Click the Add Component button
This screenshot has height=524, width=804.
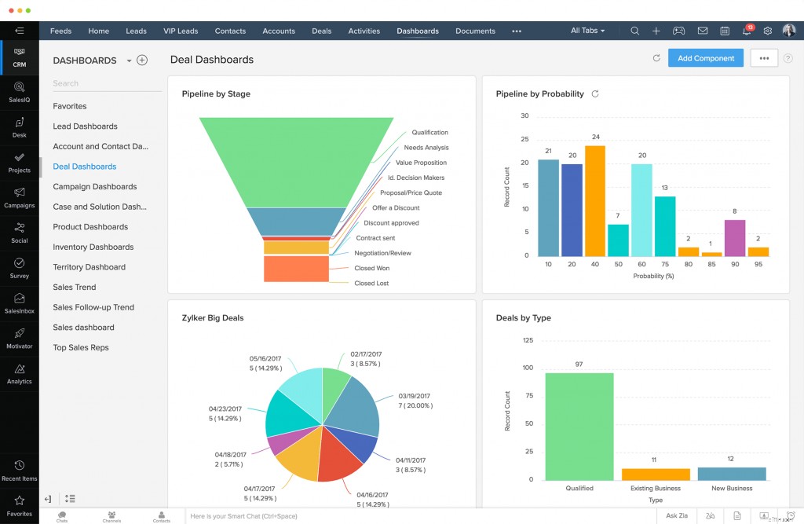705,58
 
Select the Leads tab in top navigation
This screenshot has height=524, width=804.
136,31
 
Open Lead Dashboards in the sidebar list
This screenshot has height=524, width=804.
85,126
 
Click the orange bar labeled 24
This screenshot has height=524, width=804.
595,201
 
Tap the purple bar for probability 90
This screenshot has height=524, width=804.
735,238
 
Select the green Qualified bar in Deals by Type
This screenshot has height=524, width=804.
579,426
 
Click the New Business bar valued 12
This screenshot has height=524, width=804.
731,474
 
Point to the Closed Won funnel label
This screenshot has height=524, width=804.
371,269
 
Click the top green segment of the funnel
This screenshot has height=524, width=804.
296,161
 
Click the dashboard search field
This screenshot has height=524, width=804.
106,83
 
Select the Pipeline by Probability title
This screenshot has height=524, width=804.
539,94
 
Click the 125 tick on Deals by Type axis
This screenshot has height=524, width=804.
527,340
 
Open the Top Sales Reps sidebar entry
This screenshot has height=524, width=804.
81,348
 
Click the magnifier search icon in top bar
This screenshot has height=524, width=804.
634,31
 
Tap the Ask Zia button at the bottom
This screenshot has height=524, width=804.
676,515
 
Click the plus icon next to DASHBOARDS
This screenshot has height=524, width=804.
142,60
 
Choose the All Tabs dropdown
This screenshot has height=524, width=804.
587,31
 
